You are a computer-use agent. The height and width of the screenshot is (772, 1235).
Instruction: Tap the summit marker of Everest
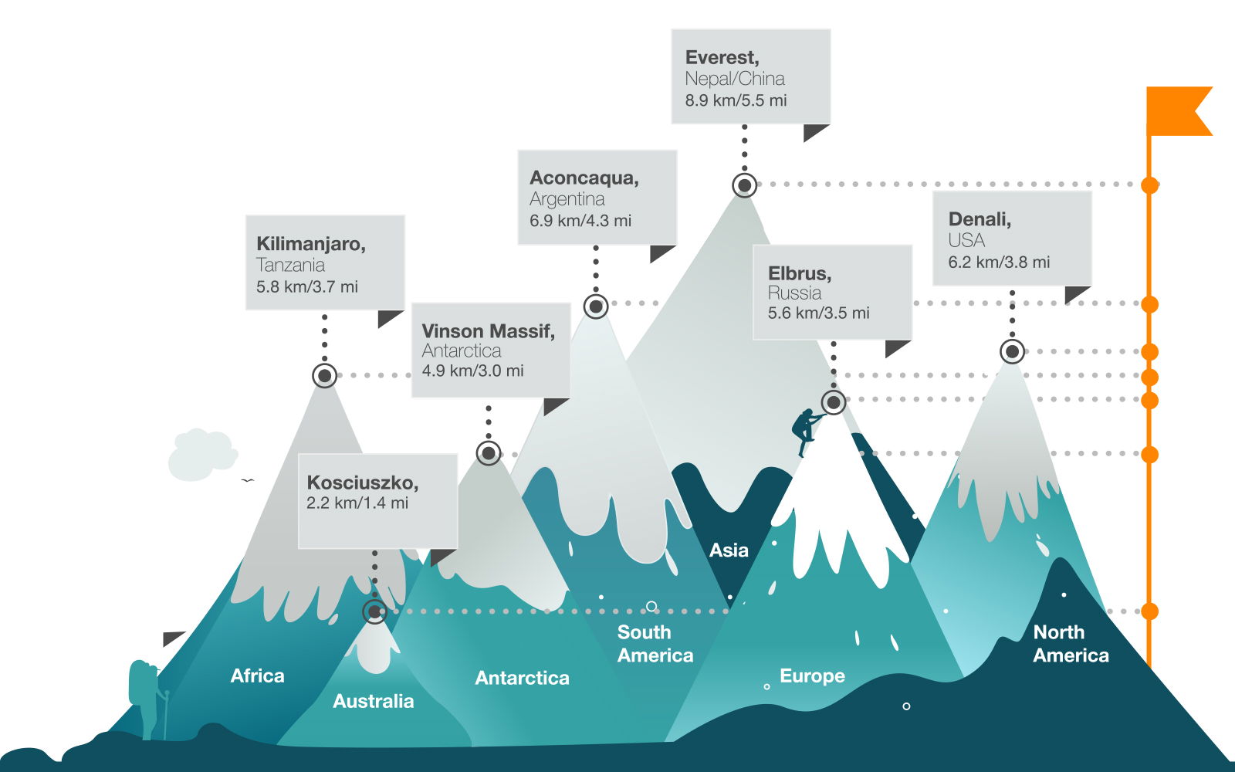[x=744, y=185]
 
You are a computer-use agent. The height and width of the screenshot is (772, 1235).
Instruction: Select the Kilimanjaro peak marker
[x=325, y=376]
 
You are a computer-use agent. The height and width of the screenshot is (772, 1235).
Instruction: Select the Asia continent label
[x=729, y=550]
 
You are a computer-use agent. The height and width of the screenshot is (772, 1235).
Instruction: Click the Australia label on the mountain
[x=373, y=701]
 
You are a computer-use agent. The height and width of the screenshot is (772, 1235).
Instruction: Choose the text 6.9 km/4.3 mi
[x=580, y=221]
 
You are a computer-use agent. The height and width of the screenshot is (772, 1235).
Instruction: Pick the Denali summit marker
[x=1012, y=351]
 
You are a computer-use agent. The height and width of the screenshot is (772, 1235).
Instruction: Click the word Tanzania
[x=290, y=266]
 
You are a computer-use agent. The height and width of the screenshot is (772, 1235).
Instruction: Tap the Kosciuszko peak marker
[x=375, y=611]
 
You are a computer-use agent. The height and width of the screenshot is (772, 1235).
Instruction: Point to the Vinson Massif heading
[x=488, y=331]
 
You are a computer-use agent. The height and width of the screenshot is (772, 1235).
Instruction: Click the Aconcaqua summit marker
[x=596, y=306]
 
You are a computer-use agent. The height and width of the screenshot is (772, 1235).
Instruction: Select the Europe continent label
[x=812, y=676]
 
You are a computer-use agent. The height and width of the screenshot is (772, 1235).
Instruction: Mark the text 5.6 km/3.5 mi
[x=818, y=313]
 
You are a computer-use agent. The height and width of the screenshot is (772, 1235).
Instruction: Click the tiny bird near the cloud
[x=248, y=480]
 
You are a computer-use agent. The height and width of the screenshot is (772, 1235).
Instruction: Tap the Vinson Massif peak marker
[x=489, y=453]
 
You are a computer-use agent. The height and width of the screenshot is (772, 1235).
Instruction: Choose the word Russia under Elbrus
[x=794, y=293]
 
